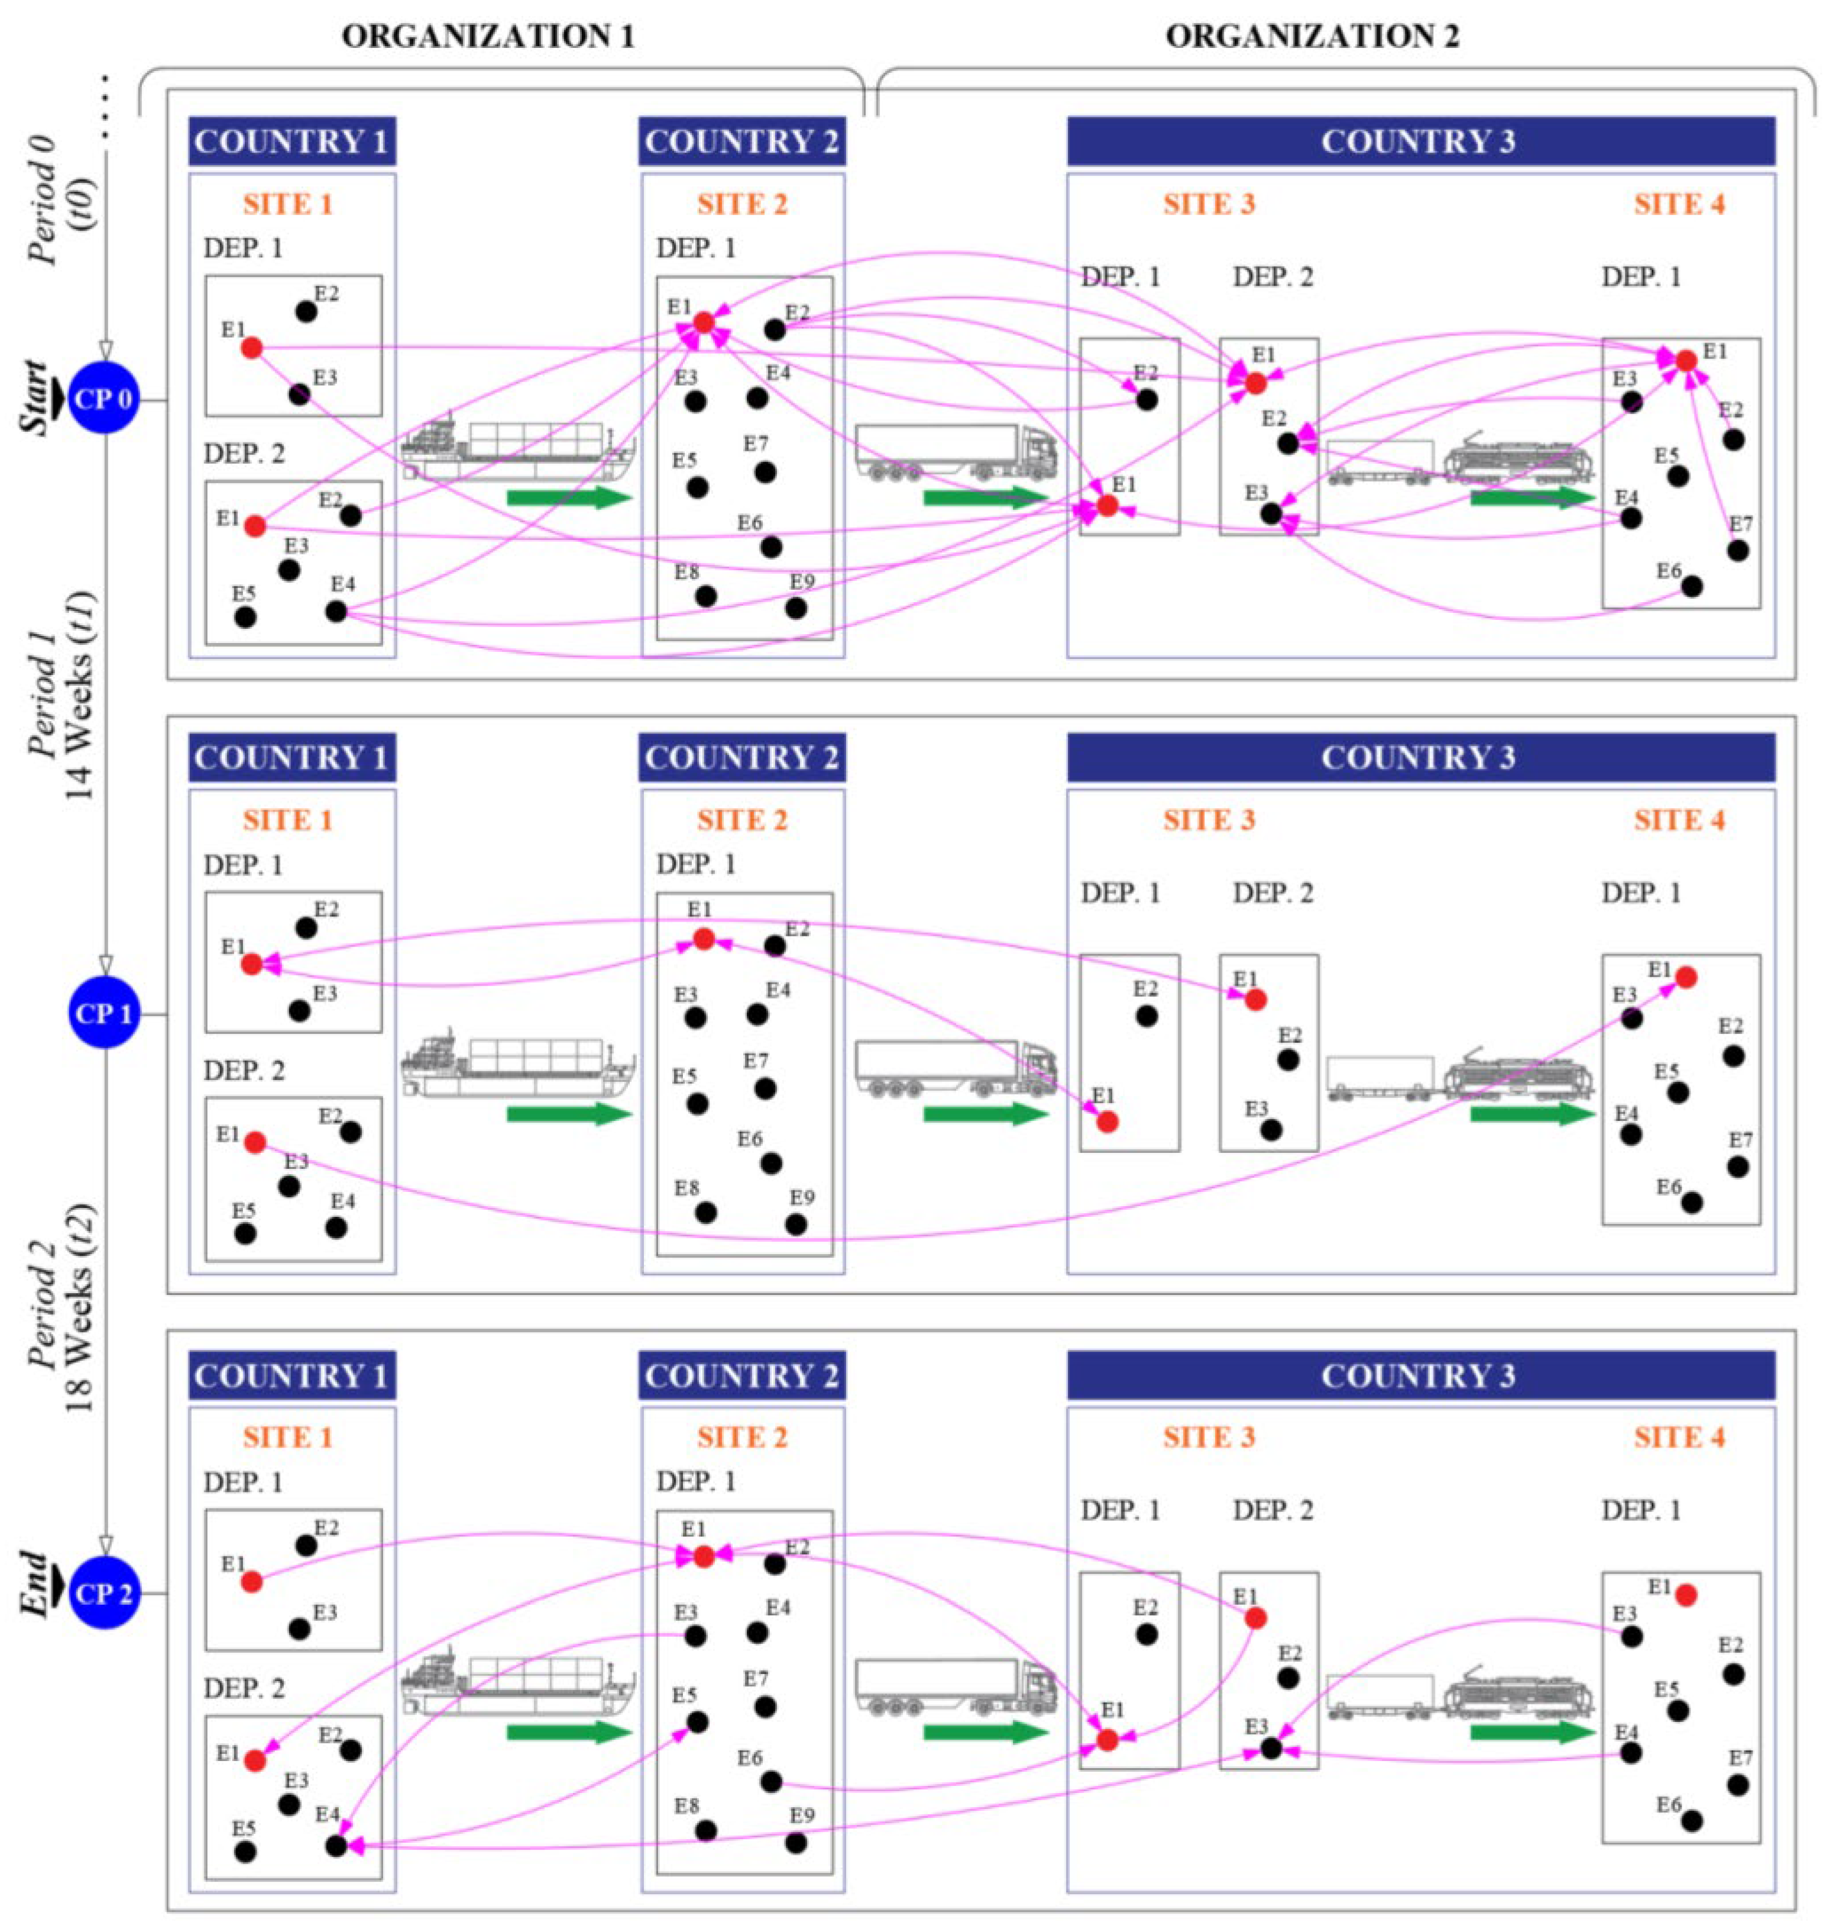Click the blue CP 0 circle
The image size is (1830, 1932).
105,399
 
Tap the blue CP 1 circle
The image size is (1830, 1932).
105,1015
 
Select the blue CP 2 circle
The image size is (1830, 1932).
105,1594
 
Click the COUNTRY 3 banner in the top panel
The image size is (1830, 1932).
1419,141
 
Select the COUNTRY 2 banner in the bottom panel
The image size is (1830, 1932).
741,1376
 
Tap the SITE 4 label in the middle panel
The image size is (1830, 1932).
1679,820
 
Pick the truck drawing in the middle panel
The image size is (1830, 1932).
956,1068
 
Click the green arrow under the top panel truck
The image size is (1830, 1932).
985,497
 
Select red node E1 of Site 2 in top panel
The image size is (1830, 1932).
703,322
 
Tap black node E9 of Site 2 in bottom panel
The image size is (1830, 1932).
796,1843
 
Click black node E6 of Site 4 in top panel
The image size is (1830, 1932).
1692,586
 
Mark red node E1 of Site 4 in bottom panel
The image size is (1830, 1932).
1686,1595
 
